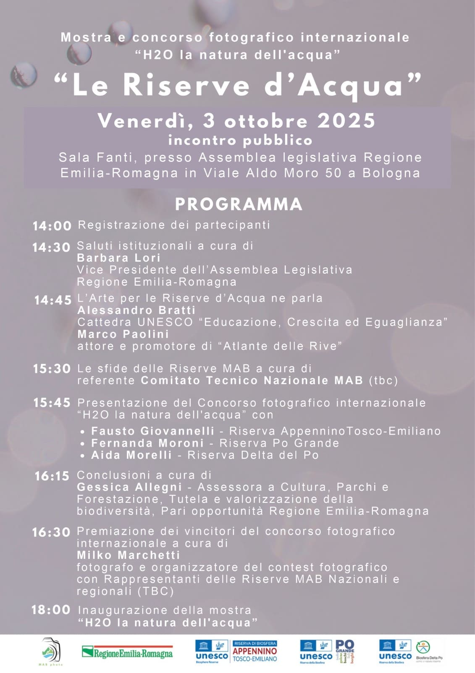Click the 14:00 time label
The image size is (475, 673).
52,226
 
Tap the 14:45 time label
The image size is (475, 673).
53,300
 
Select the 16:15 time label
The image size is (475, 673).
52,476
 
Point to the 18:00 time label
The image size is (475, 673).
51,609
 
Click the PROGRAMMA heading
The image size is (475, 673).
239,204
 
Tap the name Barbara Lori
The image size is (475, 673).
119,257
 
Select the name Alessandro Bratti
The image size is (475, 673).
136,310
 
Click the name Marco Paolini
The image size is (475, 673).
123,334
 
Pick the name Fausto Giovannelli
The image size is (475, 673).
153,431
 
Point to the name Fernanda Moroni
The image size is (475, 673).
147,443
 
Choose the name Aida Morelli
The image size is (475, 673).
132,455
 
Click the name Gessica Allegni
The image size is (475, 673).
129,487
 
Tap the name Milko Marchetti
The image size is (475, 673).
128,555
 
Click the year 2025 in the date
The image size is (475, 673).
346,121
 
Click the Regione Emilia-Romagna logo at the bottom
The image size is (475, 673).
127,652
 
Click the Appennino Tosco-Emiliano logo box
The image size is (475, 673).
255,652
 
